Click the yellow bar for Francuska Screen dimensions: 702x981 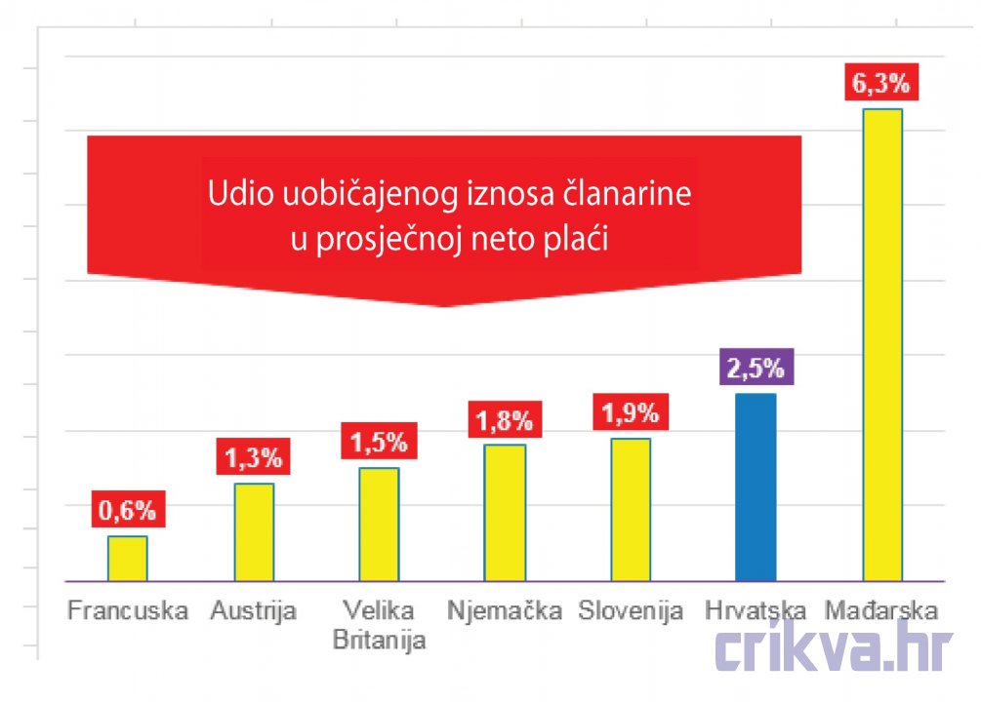(127, 558)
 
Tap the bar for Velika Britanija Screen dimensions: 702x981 (379, 524)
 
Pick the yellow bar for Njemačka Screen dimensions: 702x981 (505, 512)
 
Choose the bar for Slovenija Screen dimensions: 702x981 (631, 509)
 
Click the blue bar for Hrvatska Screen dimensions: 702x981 (756, 487)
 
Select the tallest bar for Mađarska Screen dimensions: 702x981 (882, 344)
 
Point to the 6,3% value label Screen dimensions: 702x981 (881, 84)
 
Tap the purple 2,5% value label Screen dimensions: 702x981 (756, 370)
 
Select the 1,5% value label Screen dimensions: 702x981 (379, 442)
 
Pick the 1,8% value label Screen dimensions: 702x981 (505, 420)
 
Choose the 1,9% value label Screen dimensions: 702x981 (631, 413)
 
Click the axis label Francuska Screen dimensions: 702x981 (127, 612)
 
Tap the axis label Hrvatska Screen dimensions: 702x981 (756, 612)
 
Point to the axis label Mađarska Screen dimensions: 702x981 (881, 612)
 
